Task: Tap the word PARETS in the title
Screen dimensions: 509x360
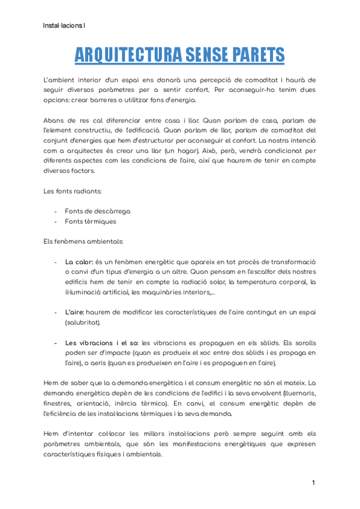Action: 255,55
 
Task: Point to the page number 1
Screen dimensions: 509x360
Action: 313,483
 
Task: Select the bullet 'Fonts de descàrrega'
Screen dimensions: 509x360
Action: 98,211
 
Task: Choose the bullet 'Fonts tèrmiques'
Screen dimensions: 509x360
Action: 91,221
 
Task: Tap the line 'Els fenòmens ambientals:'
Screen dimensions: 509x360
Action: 83,241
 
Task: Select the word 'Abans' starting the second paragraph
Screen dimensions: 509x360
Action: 55,120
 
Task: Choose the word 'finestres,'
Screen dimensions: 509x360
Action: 61,404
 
